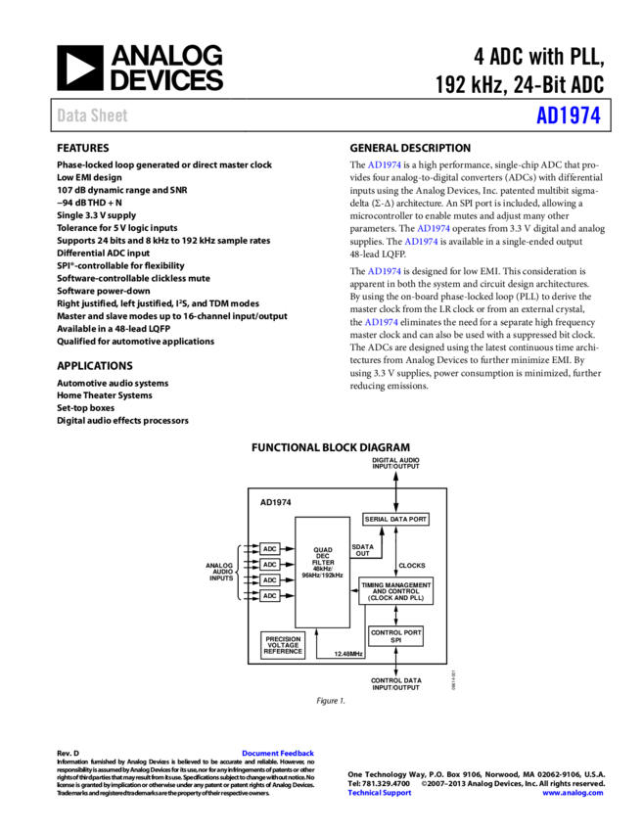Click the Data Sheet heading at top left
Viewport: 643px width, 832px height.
[x=92, y=116]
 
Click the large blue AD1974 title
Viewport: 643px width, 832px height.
[x=568, y=116]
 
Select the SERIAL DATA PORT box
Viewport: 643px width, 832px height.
[x=396, y=519]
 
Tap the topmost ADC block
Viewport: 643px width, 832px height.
[x=270, y=549]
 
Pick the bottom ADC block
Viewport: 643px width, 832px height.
[x=270, y=596]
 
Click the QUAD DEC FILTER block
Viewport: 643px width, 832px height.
[x=323, y=563]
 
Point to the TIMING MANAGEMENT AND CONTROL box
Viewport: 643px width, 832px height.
[x=396, y=591]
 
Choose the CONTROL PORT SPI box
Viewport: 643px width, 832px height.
[x=396, y=636]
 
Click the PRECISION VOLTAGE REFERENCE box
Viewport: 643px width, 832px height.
[x=283, y=645]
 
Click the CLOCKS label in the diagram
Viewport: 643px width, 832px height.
[x=412, y=566]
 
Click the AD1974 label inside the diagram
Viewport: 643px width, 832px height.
[x=276, y=503]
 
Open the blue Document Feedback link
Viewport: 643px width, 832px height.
[x=278, y=753]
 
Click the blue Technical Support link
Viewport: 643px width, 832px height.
[x=380, y=793]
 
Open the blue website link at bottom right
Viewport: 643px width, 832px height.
[x=573, y=793]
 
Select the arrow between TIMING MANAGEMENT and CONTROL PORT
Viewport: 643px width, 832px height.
[x=396, y=616]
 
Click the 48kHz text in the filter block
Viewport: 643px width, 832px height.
[x=322, y=569]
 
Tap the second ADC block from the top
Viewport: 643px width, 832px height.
[x=270, y=565]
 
